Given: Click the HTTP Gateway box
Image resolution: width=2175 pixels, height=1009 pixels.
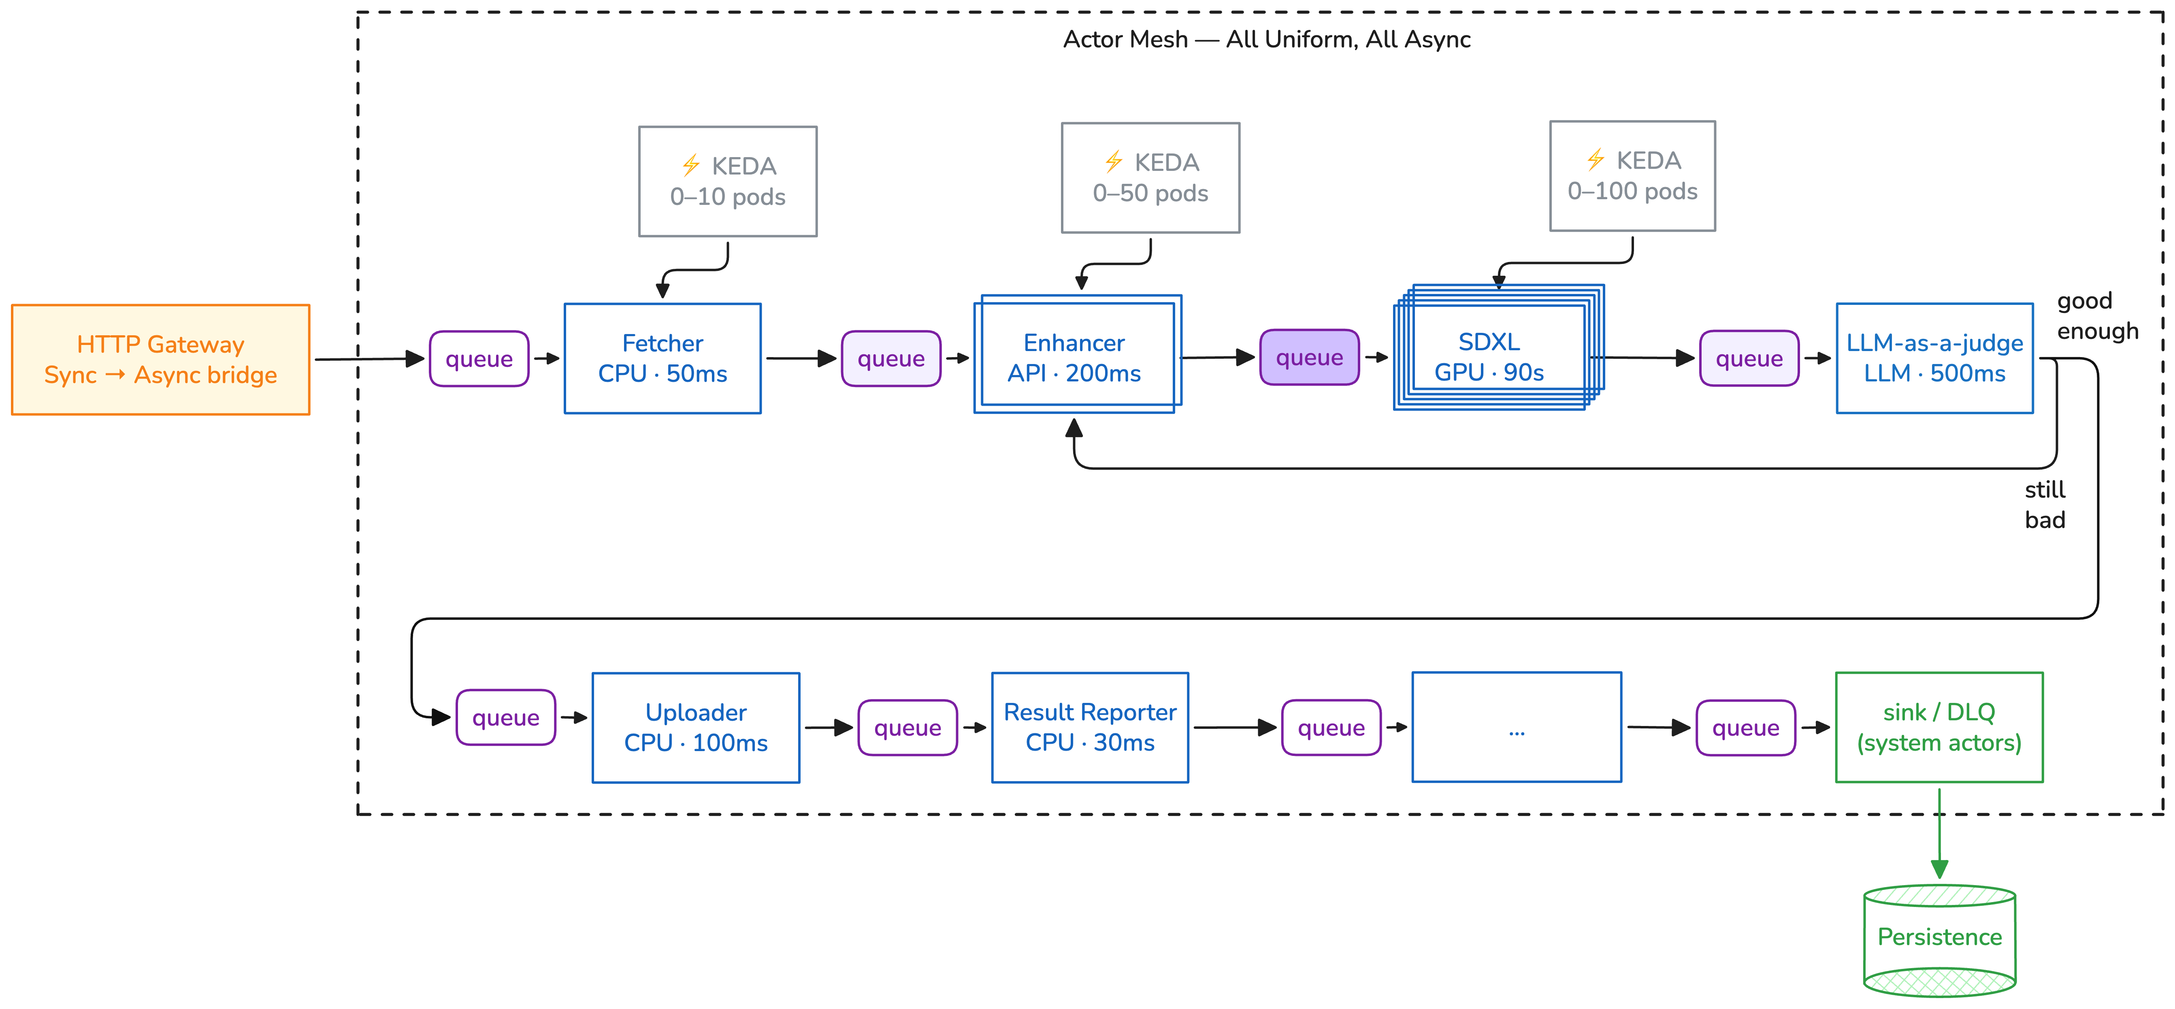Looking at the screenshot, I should (160, 360).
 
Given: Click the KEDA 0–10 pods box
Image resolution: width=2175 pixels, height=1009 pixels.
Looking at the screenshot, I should (728, 181).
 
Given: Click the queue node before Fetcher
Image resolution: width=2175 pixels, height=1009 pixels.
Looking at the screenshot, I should (479, 359).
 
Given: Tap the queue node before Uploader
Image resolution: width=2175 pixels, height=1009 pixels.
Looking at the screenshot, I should (506, 718).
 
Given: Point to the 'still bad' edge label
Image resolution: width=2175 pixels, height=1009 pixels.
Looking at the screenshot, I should (2045, 505).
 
